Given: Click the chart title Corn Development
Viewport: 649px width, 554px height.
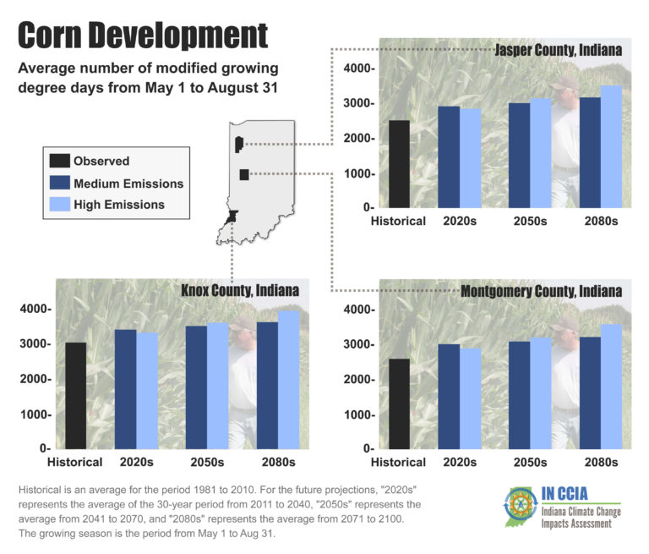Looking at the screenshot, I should pos(143,35).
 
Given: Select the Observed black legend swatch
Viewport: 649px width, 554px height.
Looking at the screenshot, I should pos(59,161).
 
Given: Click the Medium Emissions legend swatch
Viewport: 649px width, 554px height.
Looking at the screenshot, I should pos(59,183).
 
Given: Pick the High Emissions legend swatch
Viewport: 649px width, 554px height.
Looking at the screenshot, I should pos(59,204).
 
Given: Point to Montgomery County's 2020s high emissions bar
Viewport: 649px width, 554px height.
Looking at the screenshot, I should pos(470,398).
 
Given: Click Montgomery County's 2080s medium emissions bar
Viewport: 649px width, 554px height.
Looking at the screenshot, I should pos(589,392).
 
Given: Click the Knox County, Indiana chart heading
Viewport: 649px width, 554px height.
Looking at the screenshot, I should pos(240,291).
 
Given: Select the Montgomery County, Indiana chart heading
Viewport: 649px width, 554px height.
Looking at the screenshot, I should pos(542,291).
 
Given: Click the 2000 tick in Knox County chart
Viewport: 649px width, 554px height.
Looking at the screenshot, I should pos(35,380).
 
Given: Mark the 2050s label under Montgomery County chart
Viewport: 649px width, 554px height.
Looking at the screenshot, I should pos(530,463).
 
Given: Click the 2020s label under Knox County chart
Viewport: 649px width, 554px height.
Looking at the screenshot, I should pos(136,463).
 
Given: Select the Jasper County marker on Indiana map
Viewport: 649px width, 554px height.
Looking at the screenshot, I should pos(239,144).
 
